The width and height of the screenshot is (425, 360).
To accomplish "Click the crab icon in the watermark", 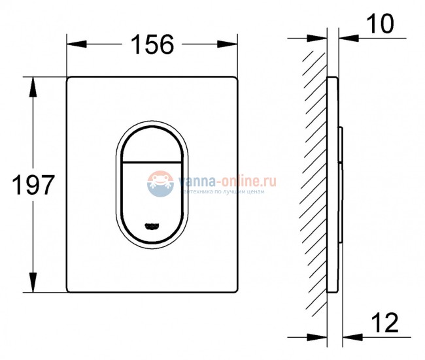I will [x=159, y=180].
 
